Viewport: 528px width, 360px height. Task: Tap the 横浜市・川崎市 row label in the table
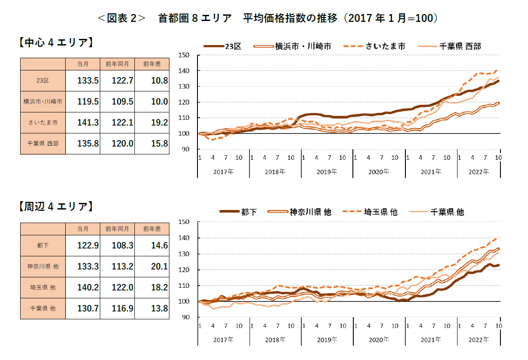(x=43, y=101)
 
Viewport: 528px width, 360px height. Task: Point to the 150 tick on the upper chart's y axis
(x=183, y=55)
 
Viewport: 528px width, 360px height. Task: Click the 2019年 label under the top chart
(x=327, y=171)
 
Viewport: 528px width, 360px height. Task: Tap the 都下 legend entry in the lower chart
(x=239, y=212)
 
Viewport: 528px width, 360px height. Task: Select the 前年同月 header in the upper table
(x=117, y=64)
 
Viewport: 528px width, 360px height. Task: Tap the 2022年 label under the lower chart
(x=479, y=339)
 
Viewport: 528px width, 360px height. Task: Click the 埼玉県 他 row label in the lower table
(x=43, y=287)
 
